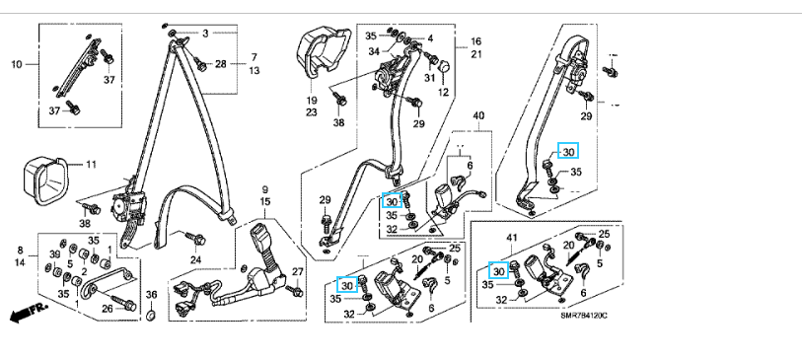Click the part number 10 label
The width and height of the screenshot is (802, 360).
tap(17, 64)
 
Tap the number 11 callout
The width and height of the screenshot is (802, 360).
tap(91, 165)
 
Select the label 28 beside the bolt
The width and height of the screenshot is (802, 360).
tap(220, 64)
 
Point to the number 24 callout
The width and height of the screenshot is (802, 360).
tap(196, 259)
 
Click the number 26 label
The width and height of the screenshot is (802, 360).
tap(107, 309)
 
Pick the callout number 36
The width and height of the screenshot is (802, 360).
tap(151, 295)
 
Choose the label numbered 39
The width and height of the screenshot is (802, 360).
tap(54, 255)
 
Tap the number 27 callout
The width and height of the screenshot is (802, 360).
tap(297, 271)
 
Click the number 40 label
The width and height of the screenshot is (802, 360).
tap(477, 116)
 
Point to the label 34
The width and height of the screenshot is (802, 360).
tap(375, 50)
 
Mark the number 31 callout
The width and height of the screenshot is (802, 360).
tap(428, 78)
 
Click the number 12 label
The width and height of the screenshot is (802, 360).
tap(442, 92)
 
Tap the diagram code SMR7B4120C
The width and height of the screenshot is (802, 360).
tap(583, 316)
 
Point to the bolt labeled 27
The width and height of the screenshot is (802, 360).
tap(295, 291)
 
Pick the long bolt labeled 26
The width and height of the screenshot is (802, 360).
tap(117, 300)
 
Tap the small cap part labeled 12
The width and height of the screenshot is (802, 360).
tap(444, 66)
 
